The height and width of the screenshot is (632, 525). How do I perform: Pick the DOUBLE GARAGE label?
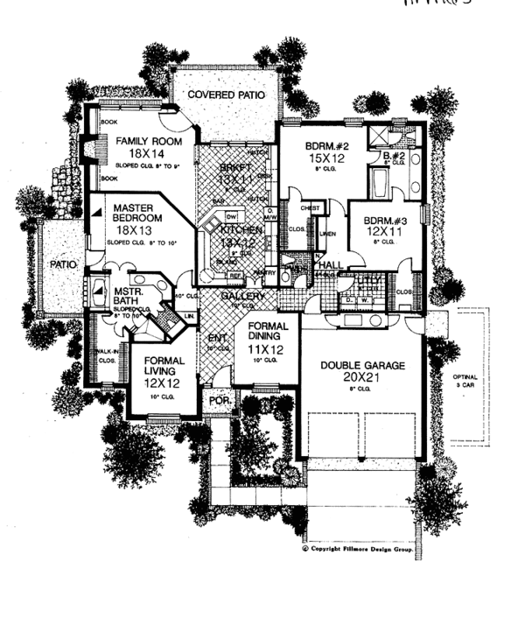pos(362,365)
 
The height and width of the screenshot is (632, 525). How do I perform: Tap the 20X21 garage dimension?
pos(362,378)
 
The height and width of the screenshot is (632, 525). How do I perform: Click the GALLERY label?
pos(237,298)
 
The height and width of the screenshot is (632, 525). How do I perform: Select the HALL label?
pos(331,264)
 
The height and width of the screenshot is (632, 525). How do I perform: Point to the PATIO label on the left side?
pos(63,262)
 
